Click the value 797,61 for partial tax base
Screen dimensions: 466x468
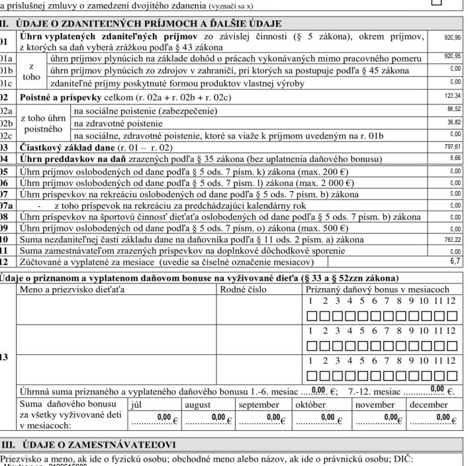453,147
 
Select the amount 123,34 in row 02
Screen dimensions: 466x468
453,96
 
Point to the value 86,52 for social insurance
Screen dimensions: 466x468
453,109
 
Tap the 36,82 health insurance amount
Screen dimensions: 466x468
453,122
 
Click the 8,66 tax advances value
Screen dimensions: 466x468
455,159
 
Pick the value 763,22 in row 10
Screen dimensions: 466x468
453,239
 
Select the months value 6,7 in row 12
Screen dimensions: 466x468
455,262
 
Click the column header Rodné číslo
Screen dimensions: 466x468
242,290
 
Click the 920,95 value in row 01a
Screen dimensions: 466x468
453,57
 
